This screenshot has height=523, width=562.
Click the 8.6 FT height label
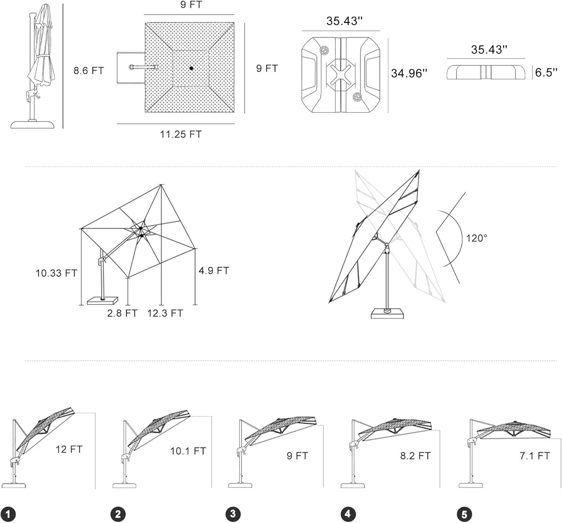(x=88, y=70)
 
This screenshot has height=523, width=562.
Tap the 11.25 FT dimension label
(x=181, y=134)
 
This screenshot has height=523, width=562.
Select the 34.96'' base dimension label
(x=409, y=73)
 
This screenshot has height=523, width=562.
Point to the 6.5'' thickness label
(x=546, y=72)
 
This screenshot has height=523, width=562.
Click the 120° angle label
(x=477, y=238)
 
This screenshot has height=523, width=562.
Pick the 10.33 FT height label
(x=56, y=273)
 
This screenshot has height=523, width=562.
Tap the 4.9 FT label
(x=214, y=270)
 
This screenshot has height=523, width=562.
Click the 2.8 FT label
(x=122, y=313)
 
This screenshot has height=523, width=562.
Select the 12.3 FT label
(x=165, y=313)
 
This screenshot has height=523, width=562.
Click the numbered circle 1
(x=8, y=514)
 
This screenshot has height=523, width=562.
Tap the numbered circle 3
(x=233, y=514)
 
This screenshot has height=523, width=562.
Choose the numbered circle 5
(x=464, y=514)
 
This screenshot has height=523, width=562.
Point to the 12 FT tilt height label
(x=69, y=449)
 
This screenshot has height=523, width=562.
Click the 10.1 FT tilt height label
(x=188, y=451)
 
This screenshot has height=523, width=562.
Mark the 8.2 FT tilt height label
(x=416, y=456)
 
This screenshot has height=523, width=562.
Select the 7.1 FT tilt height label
(x=535, y=456)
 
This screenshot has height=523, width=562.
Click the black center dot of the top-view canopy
(x=191, y=68)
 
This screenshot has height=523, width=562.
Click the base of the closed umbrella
(x=33, y=124)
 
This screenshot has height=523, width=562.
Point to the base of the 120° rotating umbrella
(x=387, y=313)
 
